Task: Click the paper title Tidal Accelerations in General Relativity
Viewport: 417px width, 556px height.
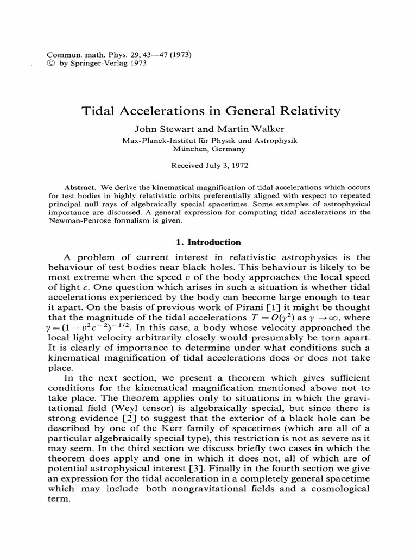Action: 211,111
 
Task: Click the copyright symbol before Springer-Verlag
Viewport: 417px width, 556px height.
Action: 52,62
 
